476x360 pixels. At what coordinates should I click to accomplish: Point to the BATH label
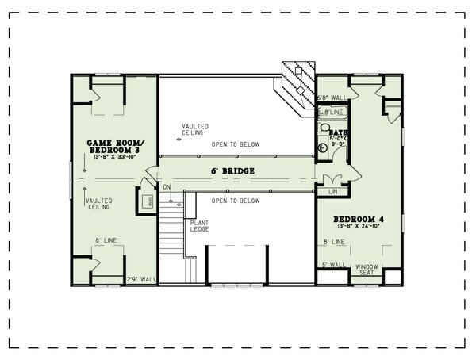click(x=339, y=132)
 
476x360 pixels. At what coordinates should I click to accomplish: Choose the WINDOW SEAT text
click(x=367, y=270)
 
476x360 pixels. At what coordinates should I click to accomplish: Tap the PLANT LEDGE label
click(x=198, y=226)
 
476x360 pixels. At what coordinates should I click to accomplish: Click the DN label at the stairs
click(x=167, y=187)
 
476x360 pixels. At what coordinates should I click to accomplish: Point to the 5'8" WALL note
click(x=333, y=98)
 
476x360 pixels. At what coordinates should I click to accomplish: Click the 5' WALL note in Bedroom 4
click(x=332, y=266)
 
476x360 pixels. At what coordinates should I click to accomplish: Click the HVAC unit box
click(x=147, y=201)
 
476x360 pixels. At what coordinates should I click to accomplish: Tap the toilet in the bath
click(x=324, y=127)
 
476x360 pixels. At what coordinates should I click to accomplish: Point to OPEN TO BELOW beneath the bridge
click(x=236, y=201)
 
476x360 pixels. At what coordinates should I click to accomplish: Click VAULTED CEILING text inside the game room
click(x=99, y=205)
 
